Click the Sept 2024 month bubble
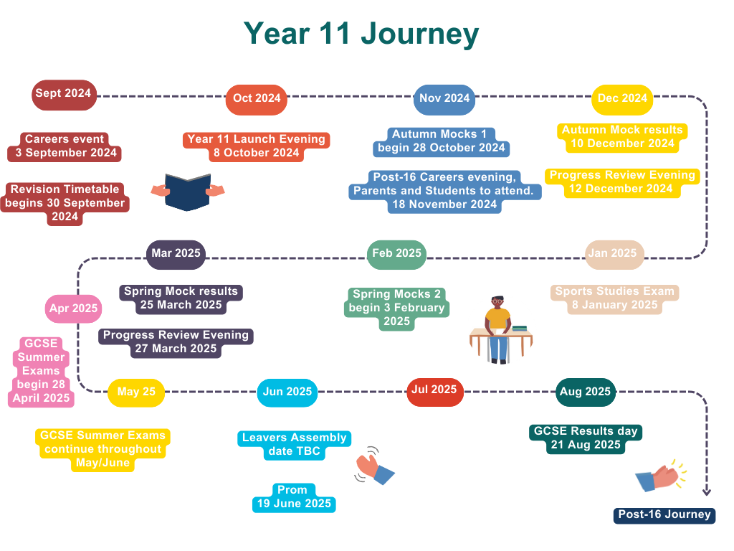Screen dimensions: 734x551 coord(64,95)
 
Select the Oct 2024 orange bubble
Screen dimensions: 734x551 coord(257,99)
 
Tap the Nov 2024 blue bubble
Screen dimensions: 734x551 coord(444,99)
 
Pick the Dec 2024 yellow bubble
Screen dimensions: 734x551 coord(622,99)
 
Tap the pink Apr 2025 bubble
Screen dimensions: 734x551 coord(74,309)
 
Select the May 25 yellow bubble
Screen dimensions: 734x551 coord(136,392)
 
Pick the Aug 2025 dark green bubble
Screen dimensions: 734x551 coord(585,392)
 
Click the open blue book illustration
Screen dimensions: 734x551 coord(188,192)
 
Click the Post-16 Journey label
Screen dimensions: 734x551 coord(664,515)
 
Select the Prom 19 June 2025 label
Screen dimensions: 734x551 coord(294,498)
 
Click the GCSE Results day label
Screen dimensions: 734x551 coord(585,438)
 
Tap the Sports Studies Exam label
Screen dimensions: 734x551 coord(614,298)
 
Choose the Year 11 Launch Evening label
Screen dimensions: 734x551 coord(256,146)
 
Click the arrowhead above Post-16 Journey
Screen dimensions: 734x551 coord(706,492)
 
